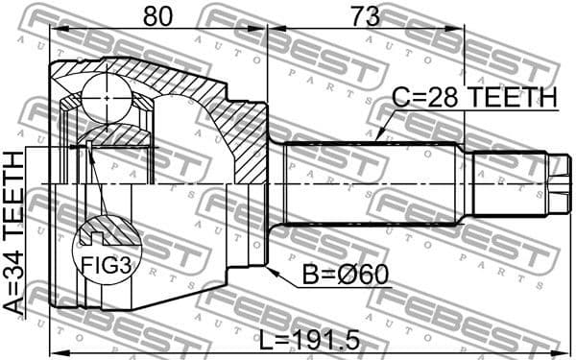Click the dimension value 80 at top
(x=158, y=15)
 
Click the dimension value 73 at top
(x=364, y=15)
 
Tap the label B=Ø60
(x=347, y=276)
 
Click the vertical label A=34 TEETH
(x=14, y=231)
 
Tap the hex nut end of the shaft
(x=559, y=185)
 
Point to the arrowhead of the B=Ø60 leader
(x=272, y=272)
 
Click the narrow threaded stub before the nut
(x=509, y=184)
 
